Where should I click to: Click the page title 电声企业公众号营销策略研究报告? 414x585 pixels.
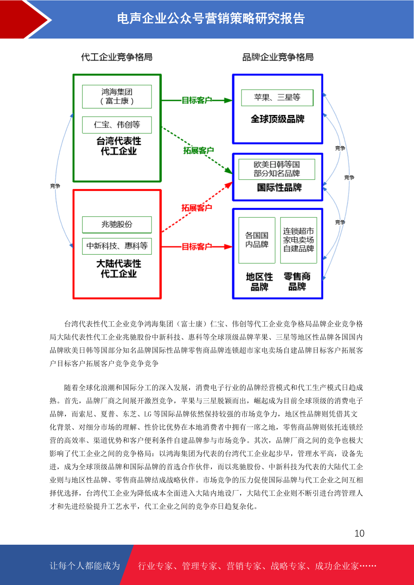211,18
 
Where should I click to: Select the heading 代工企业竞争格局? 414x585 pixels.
116,57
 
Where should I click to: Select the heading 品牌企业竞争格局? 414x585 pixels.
278,57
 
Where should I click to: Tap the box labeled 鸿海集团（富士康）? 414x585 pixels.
117,96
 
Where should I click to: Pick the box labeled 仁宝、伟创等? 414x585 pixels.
117,125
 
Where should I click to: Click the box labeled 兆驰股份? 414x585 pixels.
117,224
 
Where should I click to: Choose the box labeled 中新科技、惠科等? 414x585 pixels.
117,246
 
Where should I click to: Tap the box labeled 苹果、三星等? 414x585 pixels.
277,97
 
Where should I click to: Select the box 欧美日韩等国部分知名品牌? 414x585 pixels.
277,169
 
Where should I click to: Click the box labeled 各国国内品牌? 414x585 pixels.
257,240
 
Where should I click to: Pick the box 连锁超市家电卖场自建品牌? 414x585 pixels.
299,240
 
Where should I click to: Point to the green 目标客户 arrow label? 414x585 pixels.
196,100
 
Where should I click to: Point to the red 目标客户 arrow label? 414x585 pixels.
196,246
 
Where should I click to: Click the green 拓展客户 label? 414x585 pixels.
198,150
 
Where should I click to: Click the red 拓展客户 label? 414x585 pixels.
196,208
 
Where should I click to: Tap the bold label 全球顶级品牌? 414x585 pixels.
278,119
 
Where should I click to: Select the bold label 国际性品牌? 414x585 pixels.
279,187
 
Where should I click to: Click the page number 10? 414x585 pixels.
359,533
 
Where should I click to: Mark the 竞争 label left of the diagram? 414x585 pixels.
55,186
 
